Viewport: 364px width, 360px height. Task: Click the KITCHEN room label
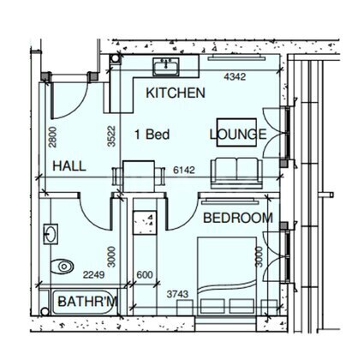176,93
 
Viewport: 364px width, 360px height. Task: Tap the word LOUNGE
238,135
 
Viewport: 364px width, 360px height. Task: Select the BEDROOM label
238,218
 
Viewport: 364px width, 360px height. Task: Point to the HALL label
69,166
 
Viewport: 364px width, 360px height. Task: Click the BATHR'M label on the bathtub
87,302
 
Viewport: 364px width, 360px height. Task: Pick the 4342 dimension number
235,76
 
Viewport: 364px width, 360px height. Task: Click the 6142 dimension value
184,170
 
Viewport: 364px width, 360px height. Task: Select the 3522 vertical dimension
111,136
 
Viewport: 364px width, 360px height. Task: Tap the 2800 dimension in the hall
52,137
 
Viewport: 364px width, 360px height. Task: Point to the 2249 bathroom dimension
93,275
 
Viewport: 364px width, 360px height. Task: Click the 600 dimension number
145,275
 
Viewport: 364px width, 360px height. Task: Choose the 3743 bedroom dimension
177,294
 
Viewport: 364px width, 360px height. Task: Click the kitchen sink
166,67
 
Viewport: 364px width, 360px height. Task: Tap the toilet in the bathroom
62,267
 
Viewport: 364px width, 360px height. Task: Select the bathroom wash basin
51,234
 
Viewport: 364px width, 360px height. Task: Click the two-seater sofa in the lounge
236,173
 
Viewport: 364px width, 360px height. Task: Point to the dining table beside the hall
139,176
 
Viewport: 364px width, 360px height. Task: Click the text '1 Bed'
152,135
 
